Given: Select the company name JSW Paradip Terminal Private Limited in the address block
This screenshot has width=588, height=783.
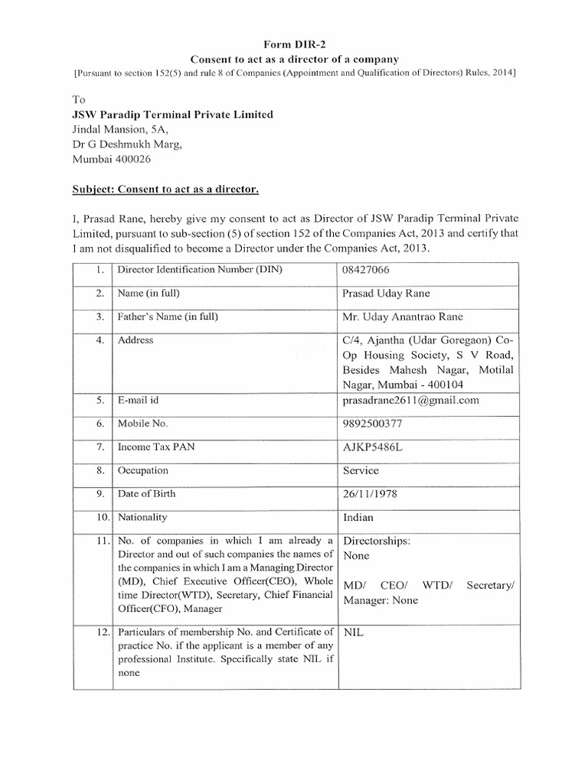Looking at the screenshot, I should (172, 115).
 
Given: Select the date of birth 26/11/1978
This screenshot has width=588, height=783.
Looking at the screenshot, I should (374, 494).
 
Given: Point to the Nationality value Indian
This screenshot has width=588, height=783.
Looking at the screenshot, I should (360, 518).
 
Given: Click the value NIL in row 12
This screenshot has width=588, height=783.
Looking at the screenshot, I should (354, 632).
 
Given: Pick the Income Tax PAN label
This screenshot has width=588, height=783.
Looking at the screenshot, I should (155, 447).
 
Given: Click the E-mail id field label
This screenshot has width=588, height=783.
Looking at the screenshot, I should (139, 400).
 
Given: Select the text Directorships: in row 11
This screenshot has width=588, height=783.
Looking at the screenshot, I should (376, 541).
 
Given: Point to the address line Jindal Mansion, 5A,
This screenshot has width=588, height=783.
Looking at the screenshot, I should (125, 130).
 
